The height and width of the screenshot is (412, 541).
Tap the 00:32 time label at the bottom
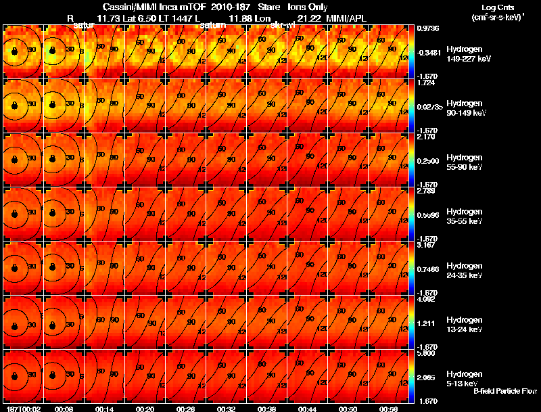(225, 409)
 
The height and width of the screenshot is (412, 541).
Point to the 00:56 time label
(387, 409)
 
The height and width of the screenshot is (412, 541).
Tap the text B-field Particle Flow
(504, 391)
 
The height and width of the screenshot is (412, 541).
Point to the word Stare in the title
(269, 7)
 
